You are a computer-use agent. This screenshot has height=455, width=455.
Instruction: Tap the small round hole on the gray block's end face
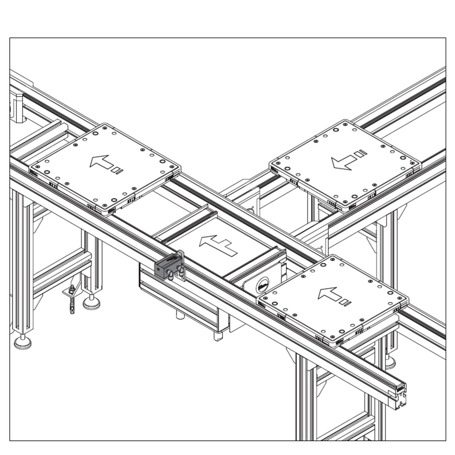point(158,268)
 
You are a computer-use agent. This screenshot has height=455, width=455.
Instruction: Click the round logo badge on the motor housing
point(262,286)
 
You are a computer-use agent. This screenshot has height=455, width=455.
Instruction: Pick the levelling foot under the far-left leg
point(23,342)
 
